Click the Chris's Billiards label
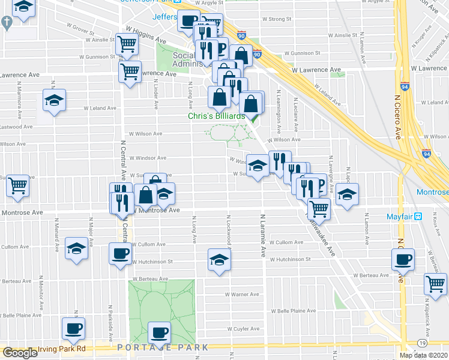point(217,116)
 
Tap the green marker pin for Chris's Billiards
point(253,117)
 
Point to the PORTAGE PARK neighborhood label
point(163,348)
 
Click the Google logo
point(20,353)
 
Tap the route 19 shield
point(423,342)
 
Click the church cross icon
point(7,23)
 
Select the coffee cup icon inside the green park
point(159,332)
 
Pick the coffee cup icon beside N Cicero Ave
point(402,259)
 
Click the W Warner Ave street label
point(242,295)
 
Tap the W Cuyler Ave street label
point(243,329)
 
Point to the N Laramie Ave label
point(263,235)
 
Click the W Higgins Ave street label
point(145,34)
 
